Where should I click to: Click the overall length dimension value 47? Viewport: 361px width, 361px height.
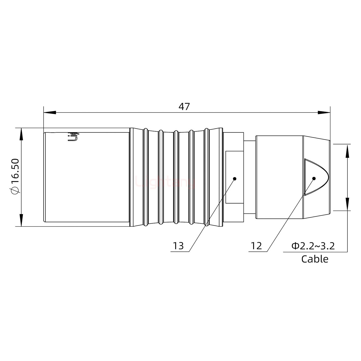184,107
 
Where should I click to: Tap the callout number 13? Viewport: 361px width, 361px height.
178,246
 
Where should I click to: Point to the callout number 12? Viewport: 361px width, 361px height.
256,246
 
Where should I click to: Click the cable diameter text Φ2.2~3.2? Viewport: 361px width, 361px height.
313,246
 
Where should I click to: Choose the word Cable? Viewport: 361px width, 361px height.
315,259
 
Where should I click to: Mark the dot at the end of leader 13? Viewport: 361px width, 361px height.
235,178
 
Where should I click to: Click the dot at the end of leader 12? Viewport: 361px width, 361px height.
314,178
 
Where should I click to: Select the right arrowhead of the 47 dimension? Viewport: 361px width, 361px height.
324,113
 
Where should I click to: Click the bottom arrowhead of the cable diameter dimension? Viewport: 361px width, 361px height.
347,204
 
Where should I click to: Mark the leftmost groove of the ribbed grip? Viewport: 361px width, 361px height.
145,177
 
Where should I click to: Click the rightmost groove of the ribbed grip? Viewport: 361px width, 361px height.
207,177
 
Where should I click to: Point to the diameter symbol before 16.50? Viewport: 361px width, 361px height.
15,191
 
